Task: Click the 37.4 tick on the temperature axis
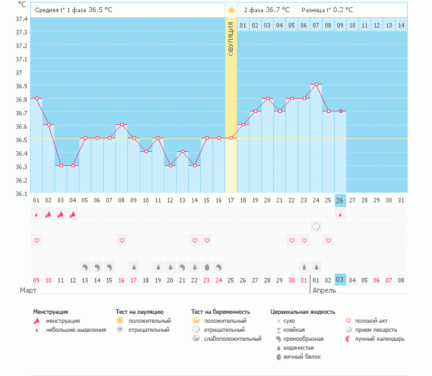pos(22,19)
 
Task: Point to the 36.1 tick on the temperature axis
pos(22,193)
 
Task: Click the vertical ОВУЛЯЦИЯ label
pos(231,38)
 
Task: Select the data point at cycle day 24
pos(316,84)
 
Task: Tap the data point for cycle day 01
pos(36,98)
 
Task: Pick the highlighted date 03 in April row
pos(340,280)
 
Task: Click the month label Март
pos(28,290)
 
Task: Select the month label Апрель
pos(324,290)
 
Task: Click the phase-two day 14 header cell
pos(401,25)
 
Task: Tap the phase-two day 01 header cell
pos(243,25)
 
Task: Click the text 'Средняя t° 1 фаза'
pos(61,10)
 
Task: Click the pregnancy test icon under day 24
pos(316,227)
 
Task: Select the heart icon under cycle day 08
pos(122,240)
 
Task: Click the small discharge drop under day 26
pos(340,215)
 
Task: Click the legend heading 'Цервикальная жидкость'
pos(303,312)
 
